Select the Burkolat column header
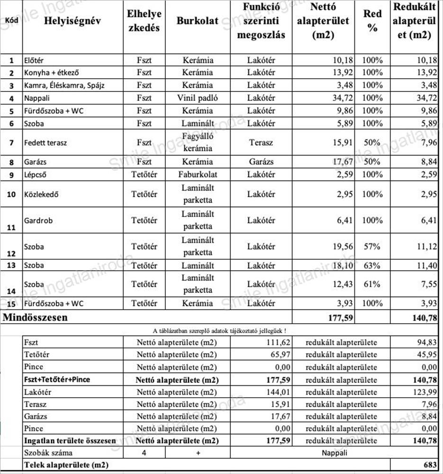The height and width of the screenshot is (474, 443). [198, 22]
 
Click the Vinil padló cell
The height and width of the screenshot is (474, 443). [198, 98]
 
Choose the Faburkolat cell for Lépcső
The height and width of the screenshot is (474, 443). [198, 174]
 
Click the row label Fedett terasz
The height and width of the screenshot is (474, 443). [45, 142]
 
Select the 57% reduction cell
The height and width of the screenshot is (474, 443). [372, 246]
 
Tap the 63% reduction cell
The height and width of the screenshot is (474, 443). [372, 265]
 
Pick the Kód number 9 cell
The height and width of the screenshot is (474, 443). [11, 174]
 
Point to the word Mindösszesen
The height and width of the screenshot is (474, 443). [36, 318]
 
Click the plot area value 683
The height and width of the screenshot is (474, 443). [429, 465]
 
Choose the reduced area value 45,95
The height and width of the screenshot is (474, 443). [426, 355]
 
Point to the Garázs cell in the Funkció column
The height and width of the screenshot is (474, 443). [261, 162]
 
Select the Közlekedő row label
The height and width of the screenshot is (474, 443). [42, 194]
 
